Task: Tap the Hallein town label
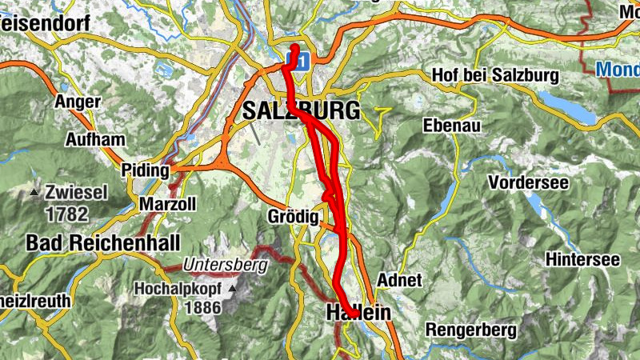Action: coord(358,313)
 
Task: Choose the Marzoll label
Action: coord(167,204)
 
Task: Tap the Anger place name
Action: coord(78,102)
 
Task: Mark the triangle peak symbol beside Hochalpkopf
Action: coord(233,288)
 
